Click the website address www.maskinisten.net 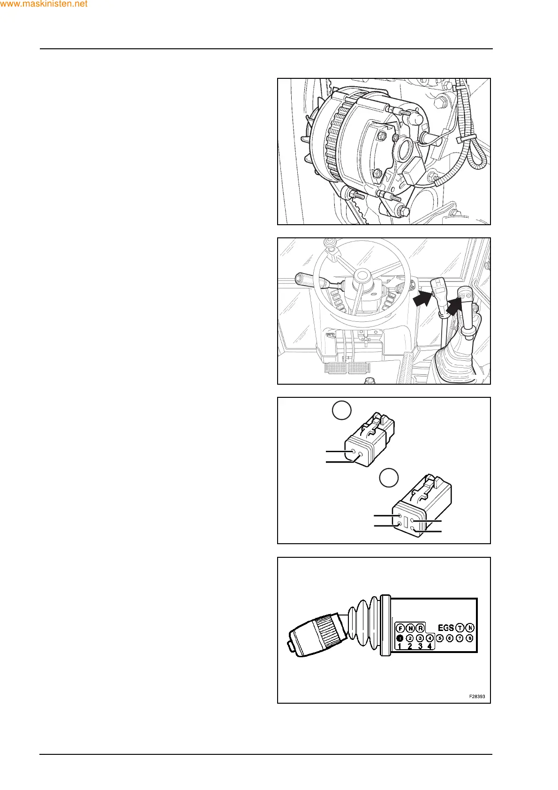44,4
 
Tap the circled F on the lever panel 400,628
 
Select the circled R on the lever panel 421,628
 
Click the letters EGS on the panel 445,627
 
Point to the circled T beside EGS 460,628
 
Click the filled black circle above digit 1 400,638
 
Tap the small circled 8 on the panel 470,638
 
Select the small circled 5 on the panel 439,638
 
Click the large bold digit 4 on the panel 430,646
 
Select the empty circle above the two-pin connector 341,411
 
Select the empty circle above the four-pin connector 389,478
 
